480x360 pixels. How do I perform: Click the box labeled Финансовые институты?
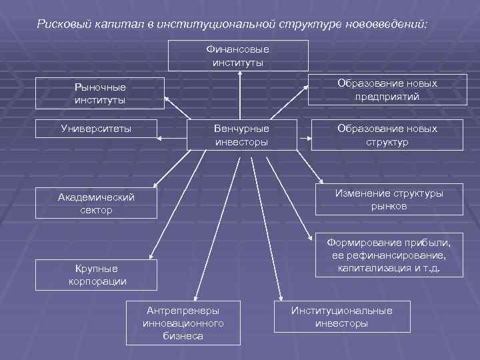(x=238, y=55)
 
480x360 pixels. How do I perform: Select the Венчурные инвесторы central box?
(x=241, y=135)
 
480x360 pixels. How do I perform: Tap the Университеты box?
(x=96, y=128)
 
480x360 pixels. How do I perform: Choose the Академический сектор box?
(x=96, y=203)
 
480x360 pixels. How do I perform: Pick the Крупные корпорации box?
(x=97, y=275)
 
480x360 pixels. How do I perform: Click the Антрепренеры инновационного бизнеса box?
(x=183, y=323)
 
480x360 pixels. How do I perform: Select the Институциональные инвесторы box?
(x=341, y=317)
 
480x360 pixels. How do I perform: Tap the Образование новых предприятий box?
(x=387, y=89)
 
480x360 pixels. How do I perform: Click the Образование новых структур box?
(x=387, y=135)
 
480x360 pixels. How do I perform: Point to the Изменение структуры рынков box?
(x=389, y=199)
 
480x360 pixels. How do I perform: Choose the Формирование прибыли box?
(x=389, y=255)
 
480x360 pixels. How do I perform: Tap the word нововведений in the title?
(x=384, y=25)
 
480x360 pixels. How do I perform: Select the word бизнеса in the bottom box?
(x=183, y=336)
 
